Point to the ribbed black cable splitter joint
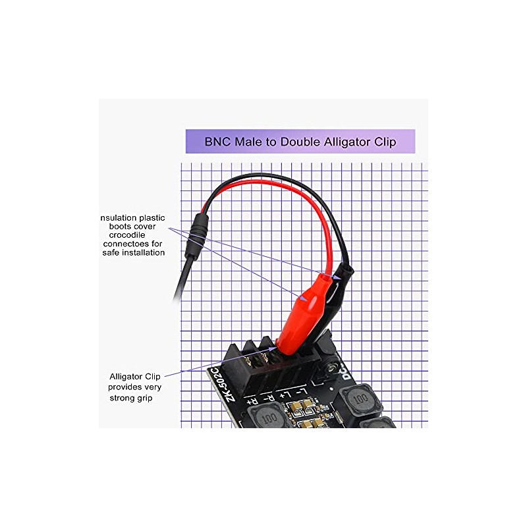(196, 233)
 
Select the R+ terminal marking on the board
(252, 399)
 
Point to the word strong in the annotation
(123, 399)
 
